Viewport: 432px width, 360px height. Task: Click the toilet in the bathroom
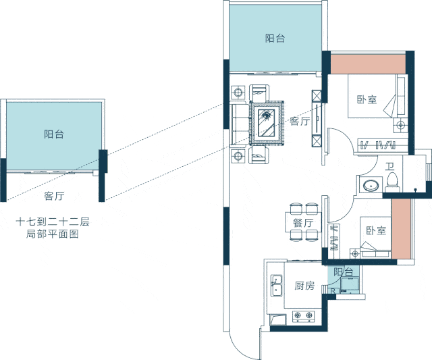point(392,182)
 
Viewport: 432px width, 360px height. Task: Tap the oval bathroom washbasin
point(371,185)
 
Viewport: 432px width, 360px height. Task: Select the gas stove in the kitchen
point(303,316)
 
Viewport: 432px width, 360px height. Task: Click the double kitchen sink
point(276,285)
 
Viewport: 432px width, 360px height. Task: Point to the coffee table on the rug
point(267,122)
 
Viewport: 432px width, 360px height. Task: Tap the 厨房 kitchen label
point(304,286)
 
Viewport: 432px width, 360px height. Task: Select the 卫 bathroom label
point(389,166)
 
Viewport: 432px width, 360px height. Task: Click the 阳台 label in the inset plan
point(54,134)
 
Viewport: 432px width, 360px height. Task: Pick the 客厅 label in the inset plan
point(54,196)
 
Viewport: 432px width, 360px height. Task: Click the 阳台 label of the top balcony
point(275,38)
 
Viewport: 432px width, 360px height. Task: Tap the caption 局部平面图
point(53,234)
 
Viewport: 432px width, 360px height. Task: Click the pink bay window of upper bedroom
point(368,64)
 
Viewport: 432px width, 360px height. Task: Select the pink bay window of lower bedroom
point(401,228)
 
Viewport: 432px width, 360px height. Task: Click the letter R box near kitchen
point(333,290)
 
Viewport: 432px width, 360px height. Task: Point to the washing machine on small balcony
point(350,285)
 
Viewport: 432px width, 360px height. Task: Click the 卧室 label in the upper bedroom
point(367,99)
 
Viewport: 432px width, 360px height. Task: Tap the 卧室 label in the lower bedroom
point(376,230)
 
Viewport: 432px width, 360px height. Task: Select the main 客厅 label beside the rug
point(300,121)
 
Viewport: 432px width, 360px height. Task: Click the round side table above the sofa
point(238,92)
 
